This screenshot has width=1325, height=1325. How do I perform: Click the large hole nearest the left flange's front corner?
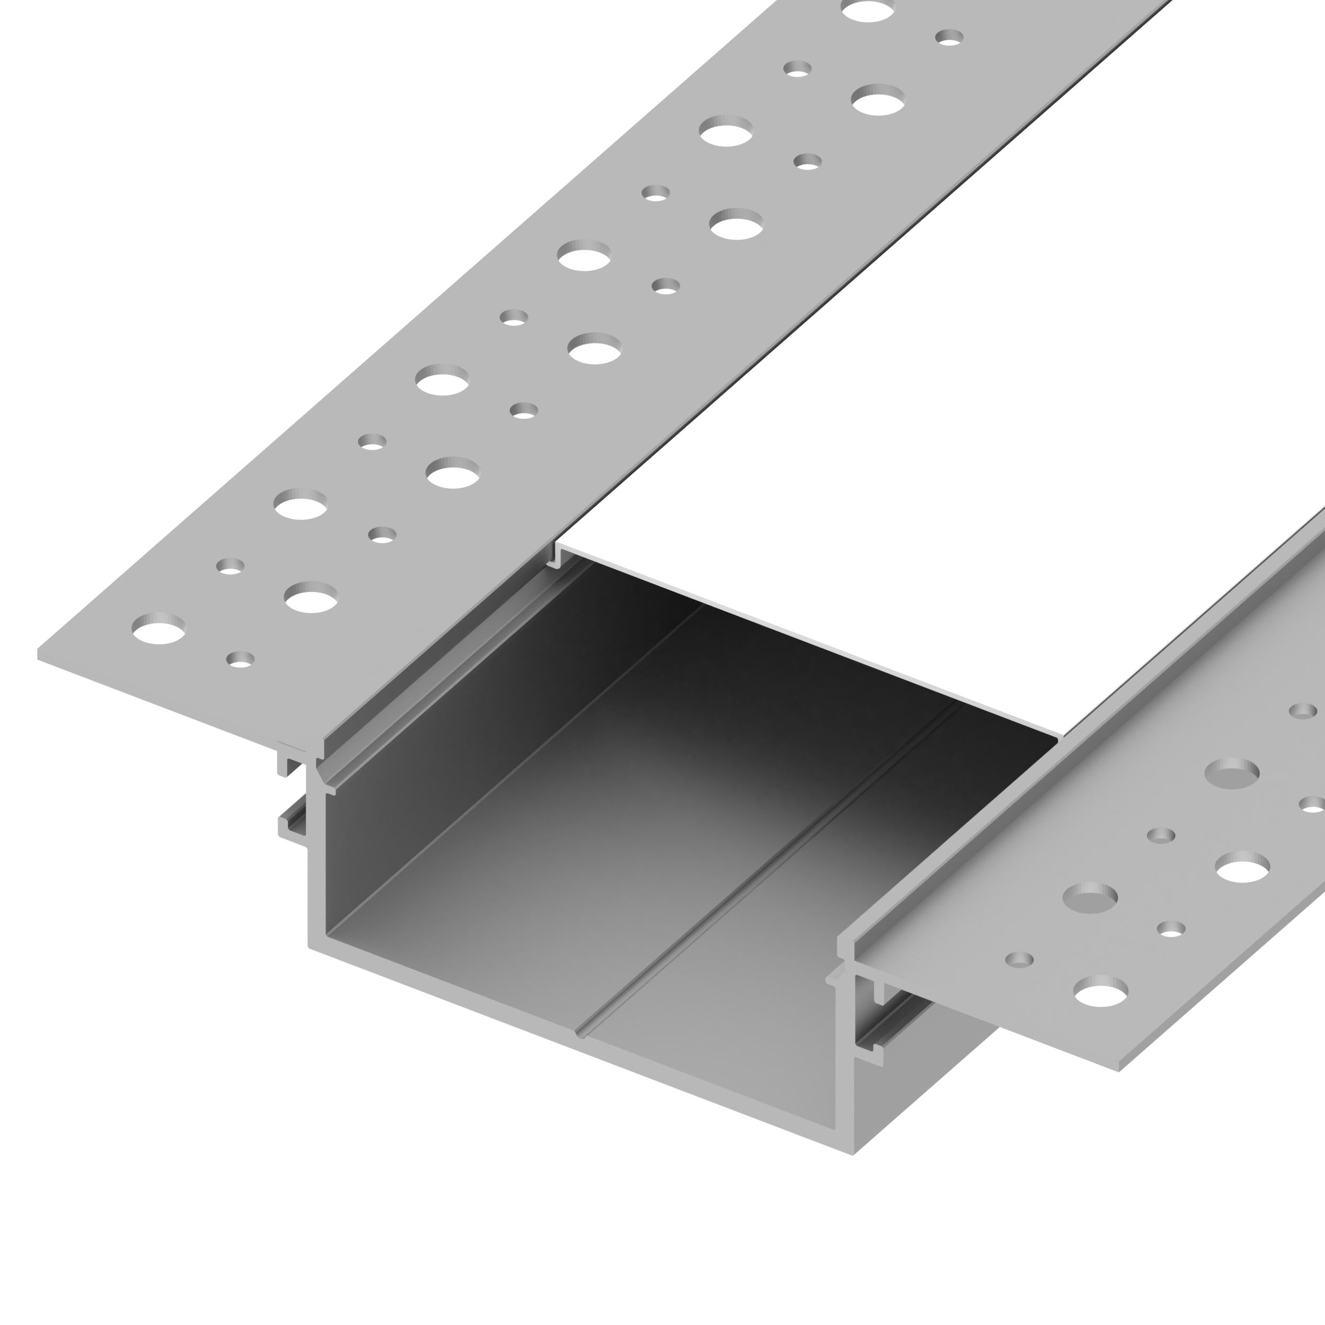coord(158,629)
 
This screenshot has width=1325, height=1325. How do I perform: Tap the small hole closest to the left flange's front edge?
coord(240,660)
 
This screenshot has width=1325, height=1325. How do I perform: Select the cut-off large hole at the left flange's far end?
coord(868,10)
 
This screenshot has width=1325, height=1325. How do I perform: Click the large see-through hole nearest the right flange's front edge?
coord(1100,992)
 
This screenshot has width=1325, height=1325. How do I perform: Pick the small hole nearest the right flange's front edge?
coord(1019,959)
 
